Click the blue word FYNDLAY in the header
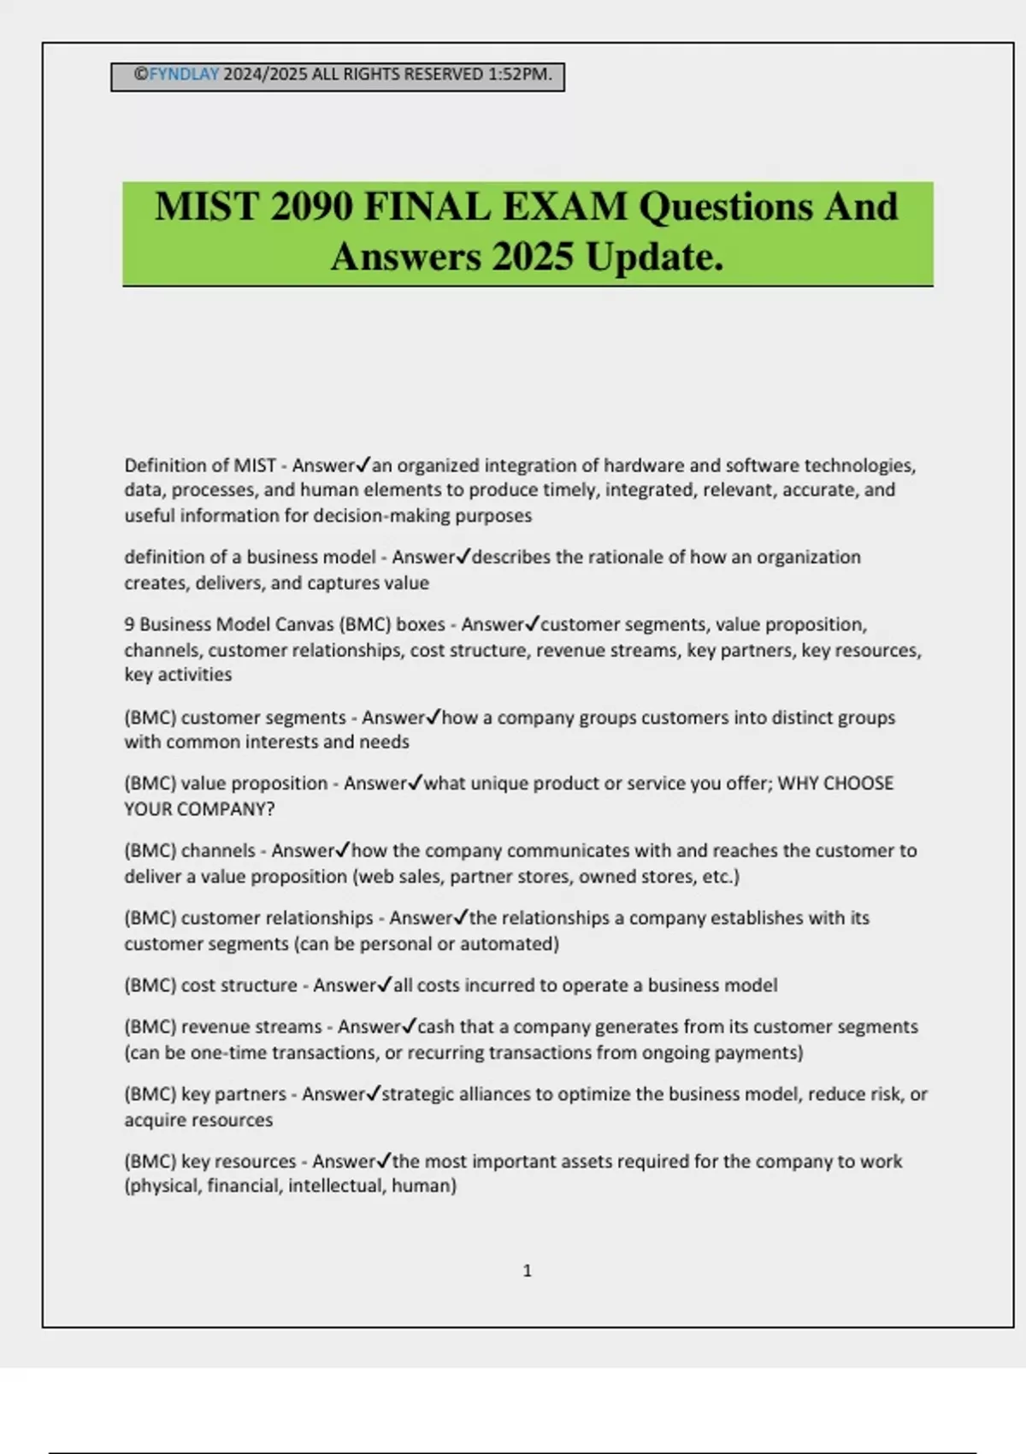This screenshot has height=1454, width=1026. point(184,74)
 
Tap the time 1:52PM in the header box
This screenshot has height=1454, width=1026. point(519,74)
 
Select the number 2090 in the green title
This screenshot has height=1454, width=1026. point(312,207)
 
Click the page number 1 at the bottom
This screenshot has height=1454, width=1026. point(527,1271)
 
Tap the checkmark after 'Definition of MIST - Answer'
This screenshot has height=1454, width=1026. point(363,465)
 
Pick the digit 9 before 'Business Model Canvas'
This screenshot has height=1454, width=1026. point(129,624)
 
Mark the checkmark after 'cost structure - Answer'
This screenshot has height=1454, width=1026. point(385,985)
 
